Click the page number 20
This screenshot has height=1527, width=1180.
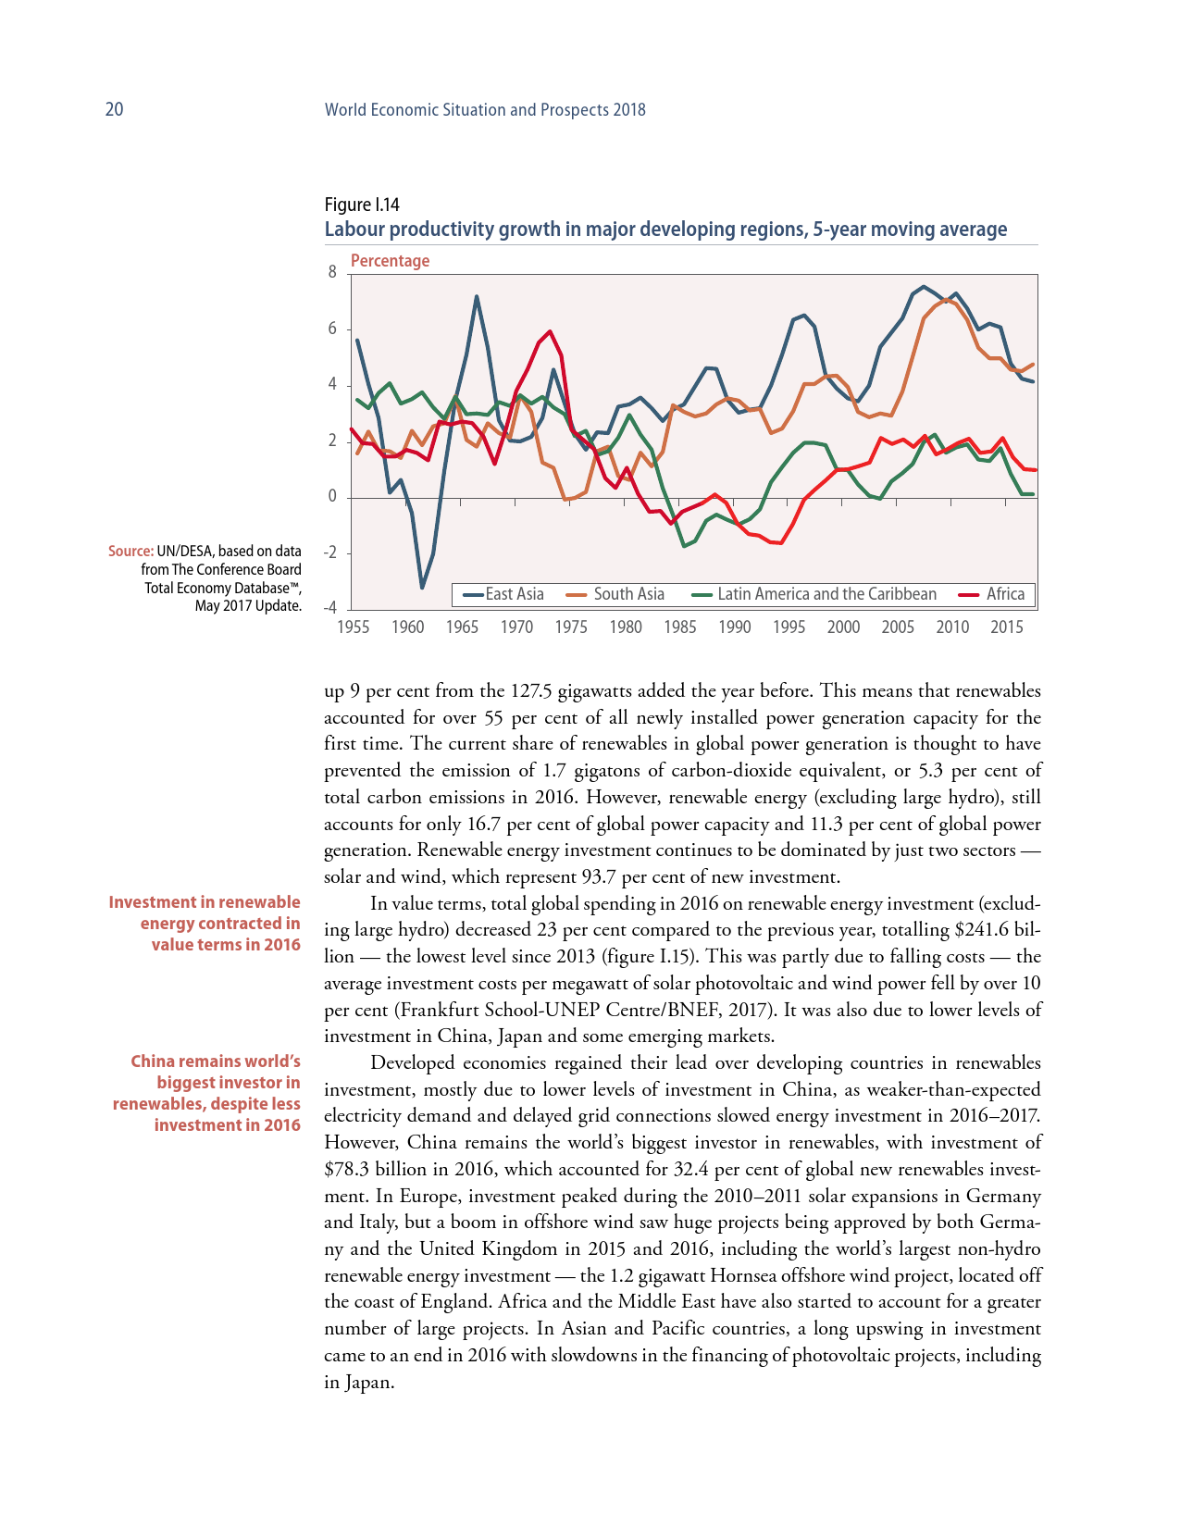pos(114,109)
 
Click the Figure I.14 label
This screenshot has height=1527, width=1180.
pos(361,205)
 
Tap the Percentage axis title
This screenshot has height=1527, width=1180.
pos(390,261)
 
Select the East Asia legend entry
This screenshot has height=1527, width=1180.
pos(504,594)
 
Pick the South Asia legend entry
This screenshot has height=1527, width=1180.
pos(616,594)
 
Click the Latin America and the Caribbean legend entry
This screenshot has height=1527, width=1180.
pos(815,594)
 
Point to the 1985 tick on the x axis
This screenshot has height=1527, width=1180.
pos(680,627)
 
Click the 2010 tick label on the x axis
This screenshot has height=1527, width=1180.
pos(952,627)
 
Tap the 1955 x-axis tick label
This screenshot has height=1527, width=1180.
pos(353,627)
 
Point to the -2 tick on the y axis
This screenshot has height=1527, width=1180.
pos(330,553)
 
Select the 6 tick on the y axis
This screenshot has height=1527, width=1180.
pos(333,329)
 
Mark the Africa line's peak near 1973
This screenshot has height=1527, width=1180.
pos(551,331)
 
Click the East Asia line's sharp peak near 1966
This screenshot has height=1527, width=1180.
pos(477,297)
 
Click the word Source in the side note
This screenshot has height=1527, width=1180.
pos(130,552)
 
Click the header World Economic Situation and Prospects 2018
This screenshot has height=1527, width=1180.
pos(485,109)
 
